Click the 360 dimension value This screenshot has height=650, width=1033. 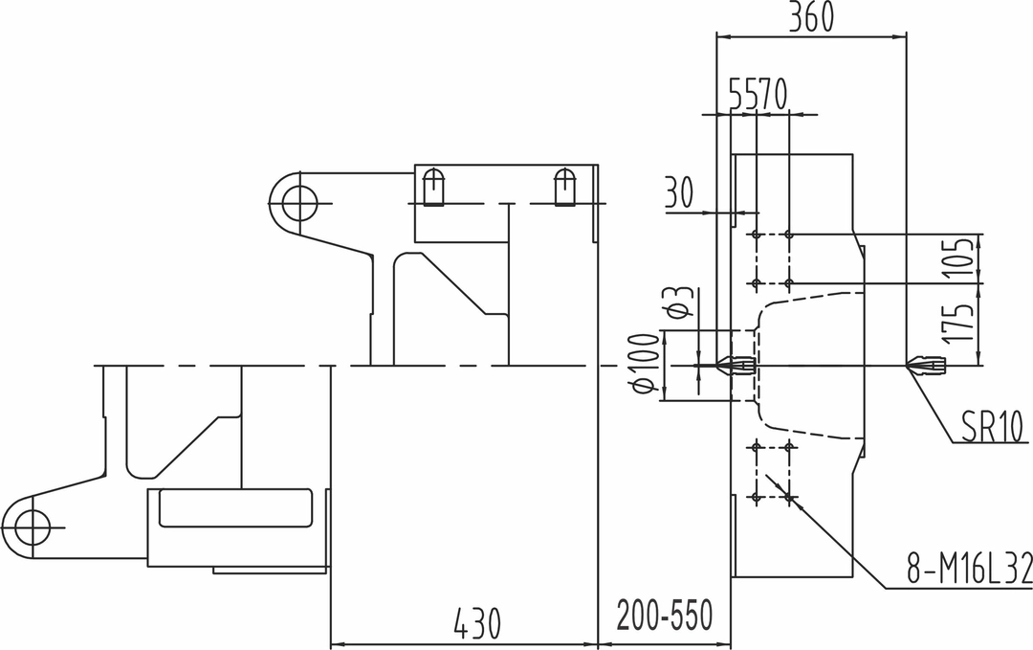point(811,17)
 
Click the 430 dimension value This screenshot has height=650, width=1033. point(477,623)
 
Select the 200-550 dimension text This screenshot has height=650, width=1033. point(664,616)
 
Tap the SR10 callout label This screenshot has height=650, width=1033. point(992,427)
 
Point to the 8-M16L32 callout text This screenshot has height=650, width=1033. point(969,568)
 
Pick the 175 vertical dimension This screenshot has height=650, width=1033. point(958,323)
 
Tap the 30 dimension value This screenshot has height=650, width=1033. point(678,192)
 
